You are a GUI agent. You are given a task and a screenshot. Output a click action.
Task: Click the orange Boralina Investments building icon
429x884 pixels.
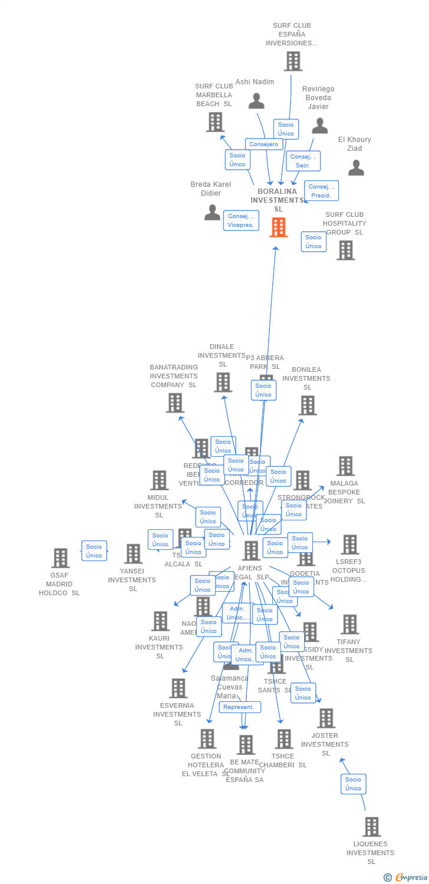tap(278, 227)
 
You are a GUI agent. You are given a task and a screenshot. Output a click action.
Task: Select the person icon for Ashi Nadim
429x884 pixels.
tap(256, 101)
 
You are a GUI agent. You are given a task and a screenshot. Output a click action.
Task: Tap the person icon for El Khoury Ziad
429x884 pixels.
tap(356, 168)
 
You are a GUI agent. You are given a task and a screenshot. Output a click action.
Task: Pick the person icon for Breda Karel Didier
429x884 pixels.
tap(212, 212)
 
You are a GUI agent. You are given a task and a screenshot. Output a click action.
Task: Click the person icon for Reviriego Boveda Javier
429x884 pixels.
tap(319, 126)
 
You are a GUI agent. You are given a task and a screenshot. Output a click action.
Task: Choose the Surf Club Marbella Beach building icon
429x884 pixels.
tap(215, 122)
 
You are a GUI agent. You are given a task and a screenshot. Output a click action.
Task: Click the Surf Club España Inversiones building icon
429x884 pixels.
tap(293, 61)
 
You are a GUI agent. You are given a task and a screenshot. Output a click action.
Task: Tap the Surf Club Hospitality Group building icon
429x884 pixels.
tap(345, 250)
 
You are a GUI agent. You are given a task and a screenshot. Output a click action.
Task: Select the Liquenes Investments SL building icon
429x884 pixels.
tap(371, 827)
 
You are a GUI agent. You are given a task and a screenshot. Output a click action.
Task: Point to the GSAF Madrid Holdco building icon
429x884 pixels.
tap(60, 558)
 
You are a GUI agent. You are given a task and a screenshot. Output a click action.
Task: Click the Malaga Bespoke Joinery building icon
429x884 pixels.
tap(345, 466)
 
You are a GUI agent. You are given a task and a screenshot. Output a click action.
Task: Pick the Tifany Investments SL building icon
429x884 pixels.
tap(349, 625)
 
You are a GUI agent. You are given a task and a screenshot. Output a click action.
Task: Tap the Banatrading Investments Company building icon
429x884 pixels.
tap(175, 403)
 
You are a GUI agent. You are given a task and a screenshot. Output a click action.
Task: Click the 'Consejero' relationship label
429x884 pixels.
tap(263, 144)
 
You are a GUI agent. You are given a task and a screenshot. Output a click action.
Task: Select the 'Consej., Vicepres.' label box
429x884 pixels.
tap(241, 220)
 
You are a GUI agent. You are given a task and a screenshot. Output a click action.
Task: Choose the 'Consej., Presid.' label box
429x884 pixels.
tap(322, 191)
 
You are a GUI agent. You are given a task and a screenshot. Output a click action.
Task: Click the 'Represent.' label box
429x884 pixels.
tap(240, 707)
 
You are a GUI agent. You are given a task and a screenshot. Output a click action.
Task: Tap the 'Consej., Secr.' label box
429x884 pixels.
tap(303, 161)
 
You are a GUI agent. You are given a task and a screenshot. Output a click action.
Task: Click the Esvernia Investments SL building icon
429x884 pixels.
tap(178, 688)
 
